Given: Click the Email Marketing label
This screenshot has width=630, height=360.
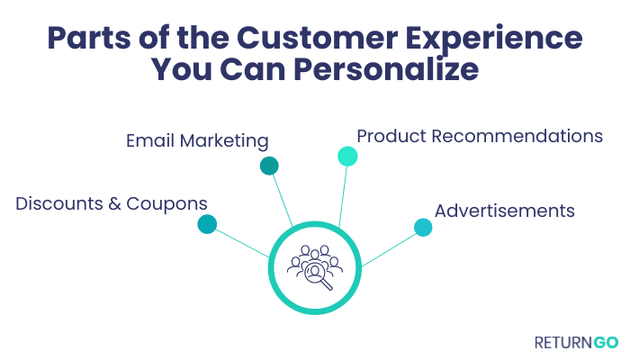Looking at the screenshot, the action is coord(197,141).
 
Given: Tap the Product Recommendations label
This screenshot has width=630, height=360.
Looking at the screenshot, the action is coord(480,136).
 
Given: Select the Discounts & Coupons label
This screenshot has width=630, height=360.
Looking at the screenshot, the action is coord(112,203).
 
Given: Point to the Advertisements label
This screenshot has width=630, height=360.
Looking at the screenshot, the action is coord(505,211).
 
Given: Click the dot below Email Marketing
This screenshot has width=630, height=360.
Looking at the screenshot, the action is coord(269,166).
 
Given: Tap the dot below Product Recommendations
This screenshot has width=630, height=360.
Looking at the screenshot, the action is coord(347,157).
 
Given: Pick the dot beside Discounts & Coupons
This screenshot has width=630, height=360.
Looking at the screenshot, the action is coord(207,224).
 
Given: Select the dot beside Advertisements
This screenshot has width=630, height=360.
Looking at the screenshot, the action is coord(423,228).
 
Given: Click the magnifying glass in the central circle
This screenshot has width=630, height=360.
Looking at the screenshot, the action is coord(319,276).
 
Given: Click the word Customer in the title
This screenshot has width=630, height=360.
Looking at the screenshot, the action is coord(317,38).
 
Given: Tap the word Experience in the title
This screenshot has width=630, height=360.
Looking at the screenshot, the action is coord(494,39).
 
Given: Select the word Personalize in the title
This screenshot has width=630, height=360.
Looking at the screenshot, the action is coord(386,69).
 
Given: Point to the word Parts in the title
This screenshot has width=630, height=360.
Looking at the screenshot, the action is coord(89,38).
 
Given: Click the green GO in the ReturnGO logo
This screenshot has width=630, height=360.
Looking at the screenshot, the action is coord(606,343).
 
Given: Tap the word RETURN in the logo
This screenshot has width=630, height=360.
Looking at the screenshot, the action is coord(563,343).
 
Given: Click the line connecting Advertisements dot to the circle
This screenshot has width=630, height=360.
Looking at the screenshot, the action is coord(390,249).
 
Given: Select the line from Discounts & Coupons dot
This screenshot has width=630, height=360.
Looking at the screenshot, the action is coord(243,244).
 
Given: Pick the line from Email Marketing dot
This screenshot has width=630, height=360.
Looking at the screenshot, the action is coord(283,200).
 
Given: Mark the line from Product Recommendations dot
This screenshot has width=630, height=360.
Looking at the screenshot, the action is coord(343,197).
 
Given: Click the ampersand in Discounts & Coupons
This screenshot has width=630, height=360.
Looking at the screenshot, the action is coord(114,204).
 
